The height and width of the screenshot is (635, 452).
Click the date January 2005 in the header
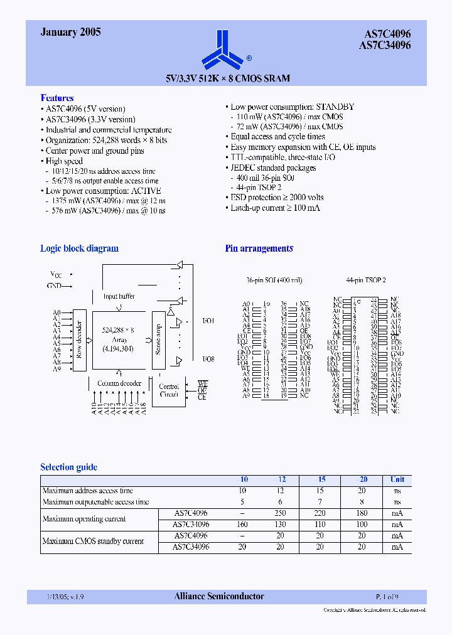[x=70, y=32]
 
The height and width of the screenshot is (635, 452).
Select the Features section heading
[x=57, y=98]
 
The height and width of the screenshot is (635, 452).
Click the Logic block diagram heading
[x=79, y=248]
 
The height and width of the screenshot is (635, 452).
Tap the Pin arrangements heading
[x=259, y=248]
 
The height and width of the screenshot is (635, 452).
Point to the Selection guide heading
[x=68, y=467]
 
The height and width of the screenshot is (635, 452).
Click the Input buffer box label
[x=119, y=296]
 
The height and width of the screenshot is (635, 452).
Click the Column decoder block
[x=119, y=383]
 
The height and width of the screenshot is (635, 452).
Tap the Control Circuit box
[x=169, y=390]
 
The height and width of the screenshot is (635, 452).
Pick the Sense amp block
[x=158, y=339]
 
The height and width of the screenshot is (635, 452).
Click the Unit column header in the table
[x=397, y=479]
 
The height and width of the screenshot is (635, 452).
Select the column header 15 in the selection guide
[x=320, y=479]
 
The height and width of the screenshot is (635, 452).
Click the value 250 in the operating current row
[x=280, y=513]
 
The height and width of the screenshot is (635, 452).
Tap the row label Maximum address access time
[x=87, y=491]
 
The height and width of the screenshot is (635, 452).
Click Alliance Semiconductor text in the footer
[x=219, y=596]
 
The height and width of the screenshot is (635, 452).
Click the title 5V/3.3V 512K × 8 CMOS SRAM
[x=228, y=78]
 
